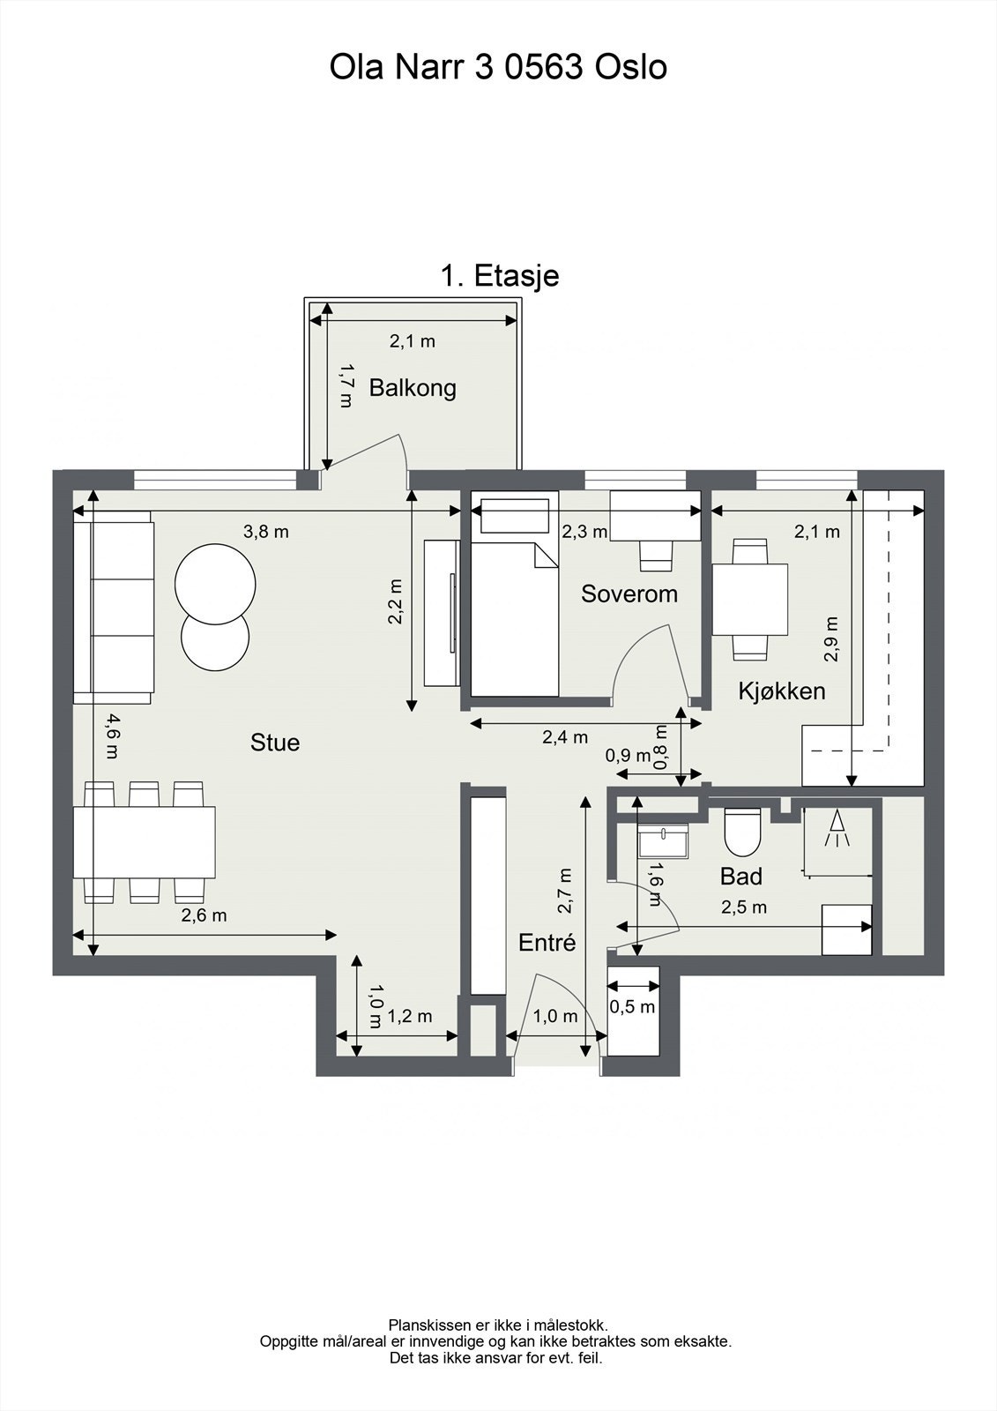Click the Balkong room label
coord(413,388)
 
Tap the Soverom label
coord(629,594)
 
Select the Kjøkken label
coord(782,691)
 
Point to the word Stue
coord(275,743)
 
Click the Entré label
coord(547,942)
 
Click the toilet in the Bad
coord(741,833)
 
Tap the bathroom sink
coord(665,841)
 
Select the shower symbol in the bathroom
coord(836,829)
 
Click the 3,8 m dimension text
coord(265,532)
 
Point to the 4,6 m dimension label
coord(110,736)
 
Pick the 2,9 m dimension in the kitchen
coord(831,638)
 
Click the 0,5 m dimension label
coord(633,1006)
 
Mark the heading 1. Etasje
coord(500,276)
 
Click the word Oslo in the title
coord(630,68)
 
